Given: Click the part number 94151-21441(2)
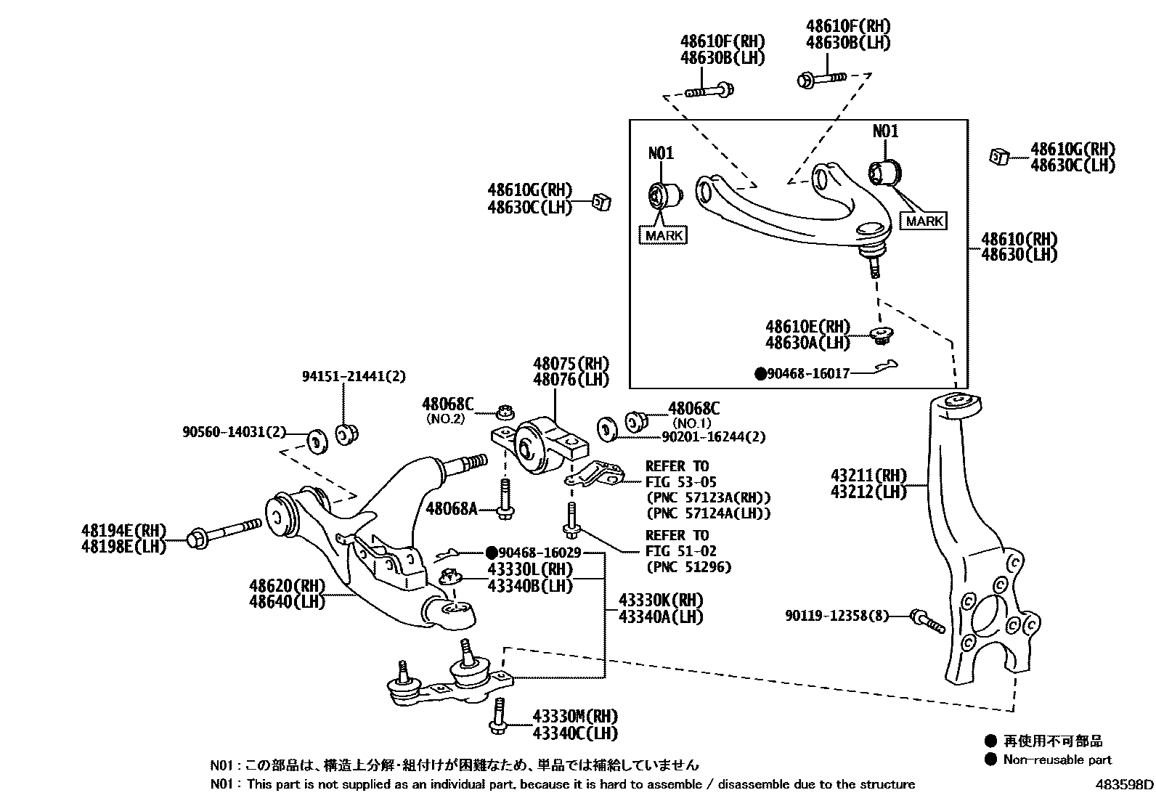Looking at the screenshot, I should (354, 376).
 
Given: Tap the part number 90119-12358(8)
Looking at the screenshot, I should (837, 616).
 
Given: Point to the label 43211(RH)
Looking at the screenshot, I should (868, 476).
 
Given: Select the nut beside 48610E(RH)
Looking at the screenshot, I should (882, 335).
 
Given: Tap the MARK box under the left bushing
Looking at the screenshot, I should (664, 235).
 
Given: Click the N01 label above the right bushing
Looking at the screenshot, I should (885, 131).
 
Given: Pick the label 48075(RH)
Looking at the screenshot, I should (571, 364).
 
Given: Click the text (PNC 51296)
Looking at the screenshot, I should (688, 567).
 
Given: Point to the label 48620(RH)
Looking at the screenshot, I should (288, 585).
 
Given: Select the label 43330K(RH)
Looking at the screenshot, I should (660, 600).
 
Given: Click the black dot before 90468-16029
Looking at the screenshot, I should (492, 553).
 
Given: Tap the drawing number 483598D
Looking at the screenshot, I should (1124, 784).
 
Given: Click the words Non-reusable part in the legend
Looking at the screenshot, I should (1057, 760).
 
